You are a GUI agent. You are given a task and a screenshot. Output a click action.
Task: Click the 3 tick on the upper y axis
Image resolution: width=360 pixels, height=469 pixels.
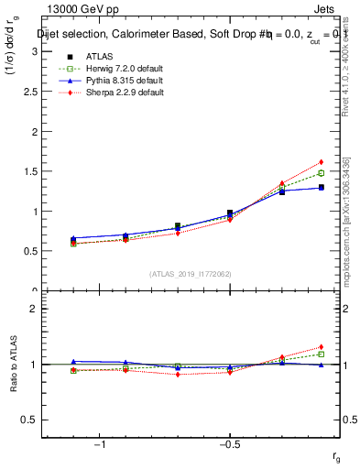pos(34,51)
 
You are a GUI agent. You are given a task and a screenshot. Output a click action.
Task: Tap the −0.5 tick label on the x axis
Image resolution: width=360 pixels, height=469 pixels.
pos(229,446)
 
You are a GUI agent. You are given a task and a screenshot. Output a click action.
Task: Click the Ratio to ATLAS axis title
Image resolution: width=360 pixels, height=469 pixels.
pos(13,365)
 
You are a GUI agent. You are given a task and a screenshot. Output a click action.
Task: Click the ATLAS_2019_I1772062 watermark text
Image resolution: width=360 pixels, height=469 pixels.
pos(191,274)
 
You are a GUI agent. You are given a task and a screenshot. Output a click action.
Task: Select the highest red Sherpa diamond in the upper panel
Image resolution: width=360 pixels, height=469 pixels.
pos(321,162)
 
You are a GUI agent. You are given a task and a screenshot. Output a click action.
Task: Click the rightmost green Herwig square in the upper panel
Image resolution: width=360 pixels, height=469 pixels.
pos(321,173)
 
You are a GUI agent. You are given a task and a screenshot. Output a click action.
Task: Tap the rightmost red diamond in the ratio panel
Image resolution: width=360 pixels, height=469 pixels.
pos(321,347)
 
